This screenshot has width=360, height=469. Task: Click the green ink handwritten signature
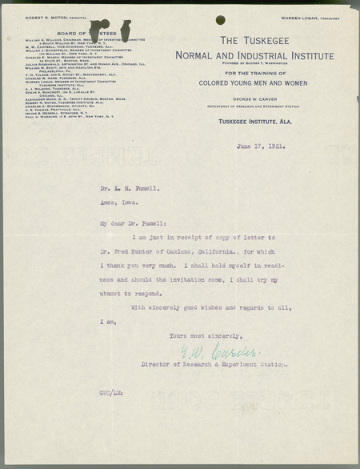point(230,351)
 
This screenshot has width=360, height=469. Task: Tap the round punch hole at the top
point(220,20)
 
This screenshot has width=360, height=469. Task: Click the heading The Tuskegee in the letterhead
point(253,41)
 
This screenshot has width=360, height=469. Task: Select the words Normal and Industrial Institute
point(254,56)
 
